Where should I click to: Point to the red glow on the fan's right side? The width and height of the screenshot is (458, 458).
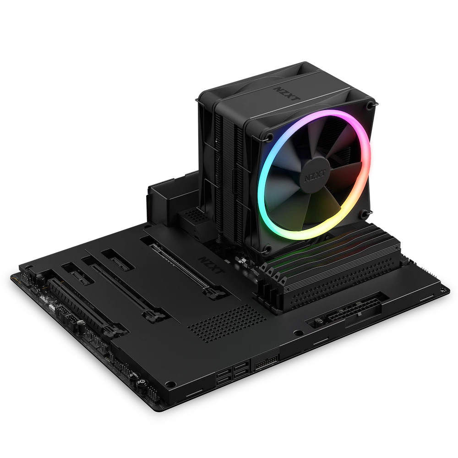tap(373, 156)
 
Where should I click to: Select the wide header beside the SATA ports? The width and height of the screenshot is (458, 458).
tap(266, 362)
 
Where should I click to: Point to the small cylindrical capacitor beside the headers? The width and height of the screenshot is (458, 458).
tap(80, 324)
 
